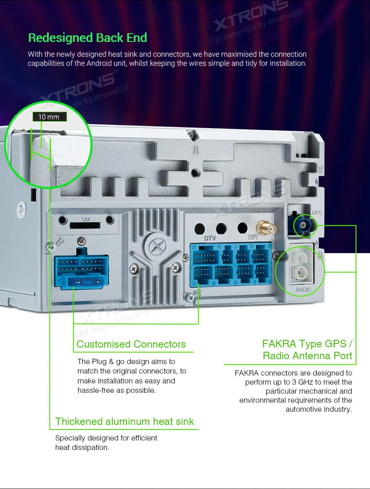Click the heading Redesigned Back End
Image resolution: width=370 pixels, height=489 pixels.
pos(88,38)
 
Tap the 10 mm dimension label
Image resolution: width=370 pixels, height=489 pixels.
pos(49,117)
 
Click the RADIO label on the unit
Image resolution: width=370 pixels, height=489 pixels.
pos(303,290)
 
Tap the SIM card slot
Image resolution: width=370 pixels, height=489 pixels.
pos(86,225)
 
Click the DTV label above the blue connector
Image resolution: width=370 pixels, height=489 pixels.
pos(210,238)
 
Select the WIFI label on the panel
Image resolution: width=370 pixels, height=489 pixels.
pos(252,238)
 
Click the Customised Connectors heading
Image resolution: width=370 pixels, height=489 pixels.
pos(131,344)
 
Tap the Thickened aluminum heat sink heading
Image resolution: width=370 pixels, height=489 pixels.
pos(125,422)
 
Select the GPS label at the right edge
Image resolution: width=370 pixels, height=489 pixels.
pos(317,213)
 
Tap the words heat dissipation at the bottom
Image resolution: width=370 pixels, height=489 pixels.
pos(82,447)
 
